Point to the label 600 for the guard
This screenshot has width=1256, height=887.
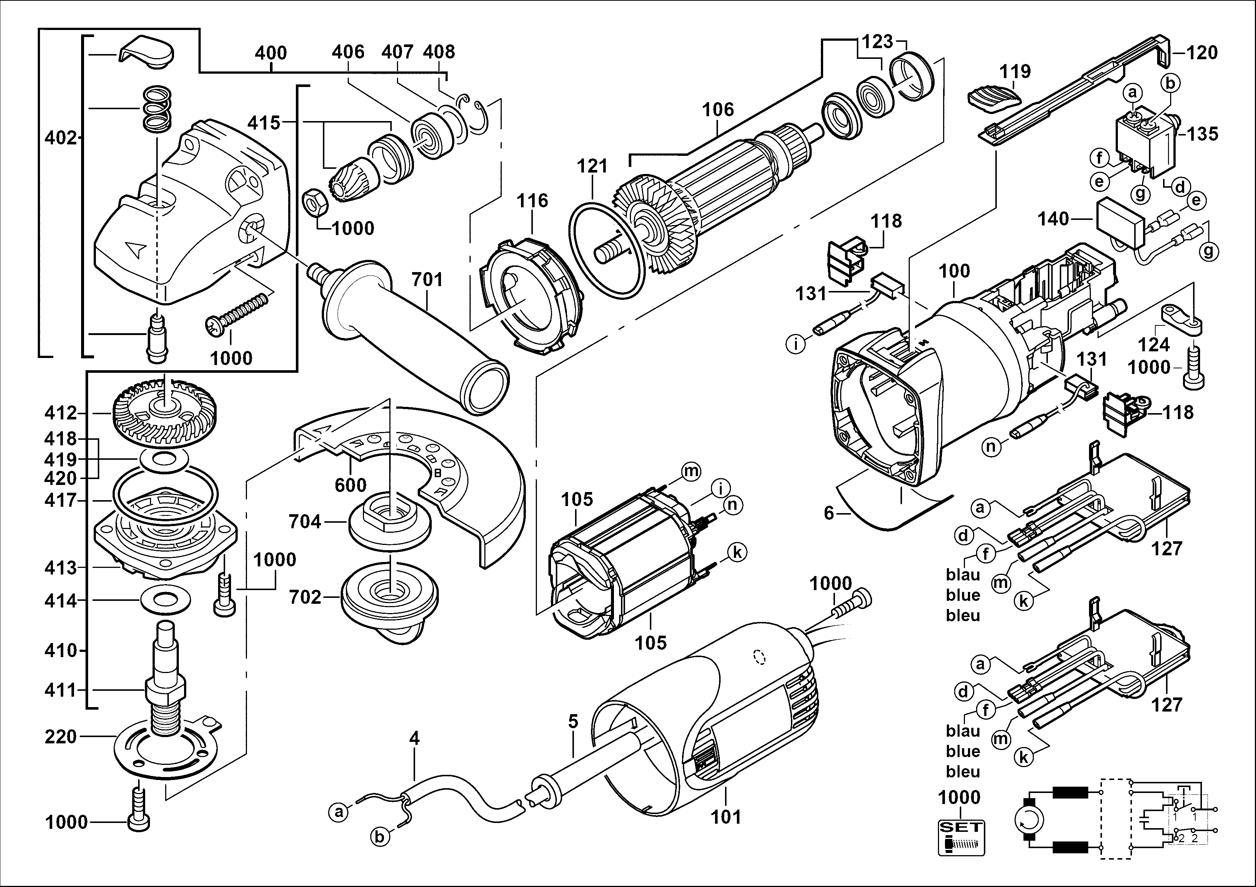[x=351, y=485]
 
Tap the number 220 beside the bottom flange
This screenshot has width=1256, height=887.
[x=61, y=737]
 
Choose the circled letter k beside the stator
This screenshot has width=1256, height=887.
[x=737, y=553]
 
